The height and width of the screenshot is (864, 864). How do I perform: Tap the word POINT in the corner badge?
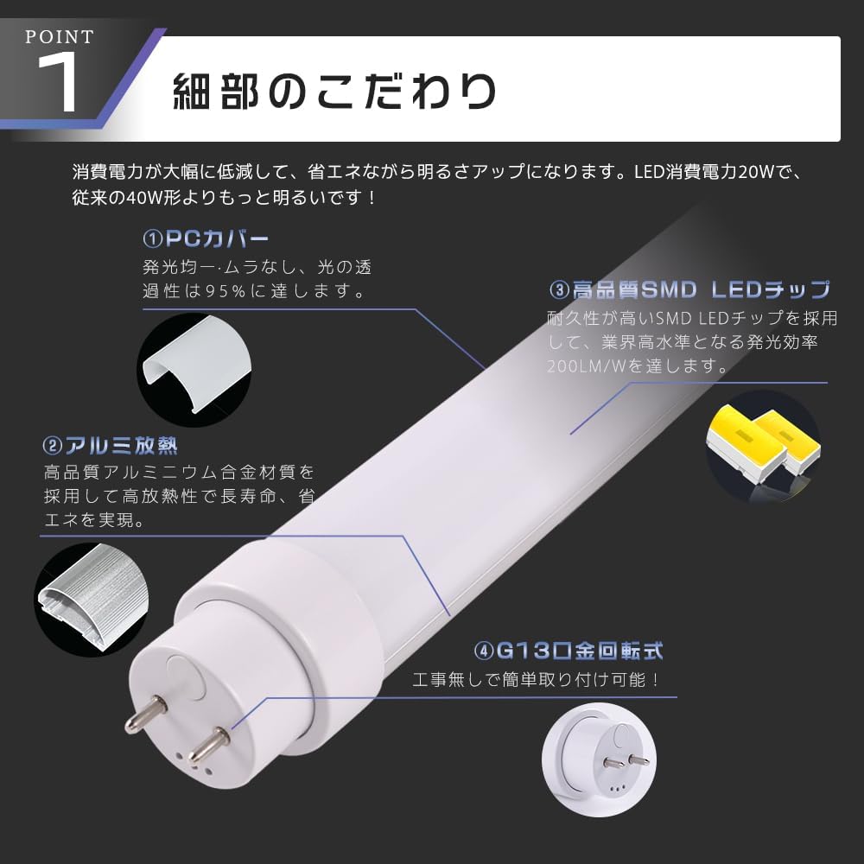tap(60, 37)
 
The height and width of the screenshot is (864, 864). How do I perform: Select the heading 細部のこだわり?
tap(334, 91)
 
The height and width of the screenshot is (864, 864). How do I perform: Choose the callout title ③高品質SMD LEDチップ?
tap(689, 289)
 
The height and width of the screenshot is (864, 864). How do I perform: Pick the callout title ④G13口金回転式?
tap(569, 650)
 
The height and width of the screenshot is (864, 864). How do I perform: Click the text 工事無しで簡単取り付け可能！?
tap(537, 679)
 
